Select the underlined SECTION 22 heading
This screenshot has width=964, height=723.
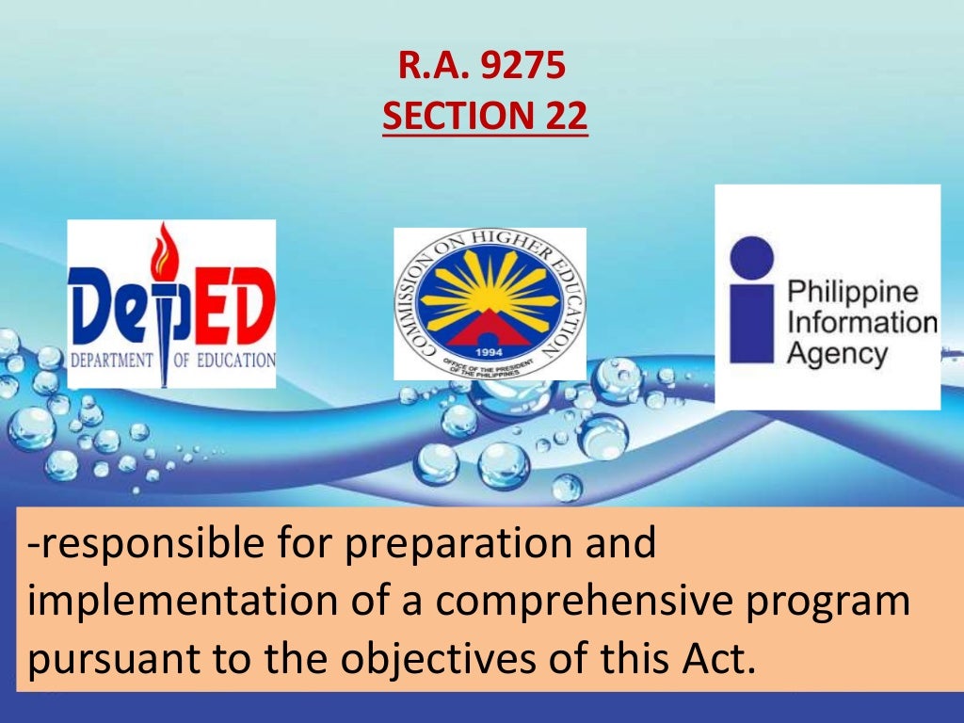tap(484, 116)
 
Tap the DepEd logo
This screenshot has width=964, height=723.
tap(171, 303)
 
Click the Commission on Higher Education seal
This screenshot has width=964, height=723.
tap(489, 303)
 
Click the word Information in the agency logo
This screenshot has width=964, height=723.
tap(861, 323)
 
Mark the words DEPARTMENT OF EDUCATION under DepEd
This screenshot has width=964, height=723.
tap(170, 360)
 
